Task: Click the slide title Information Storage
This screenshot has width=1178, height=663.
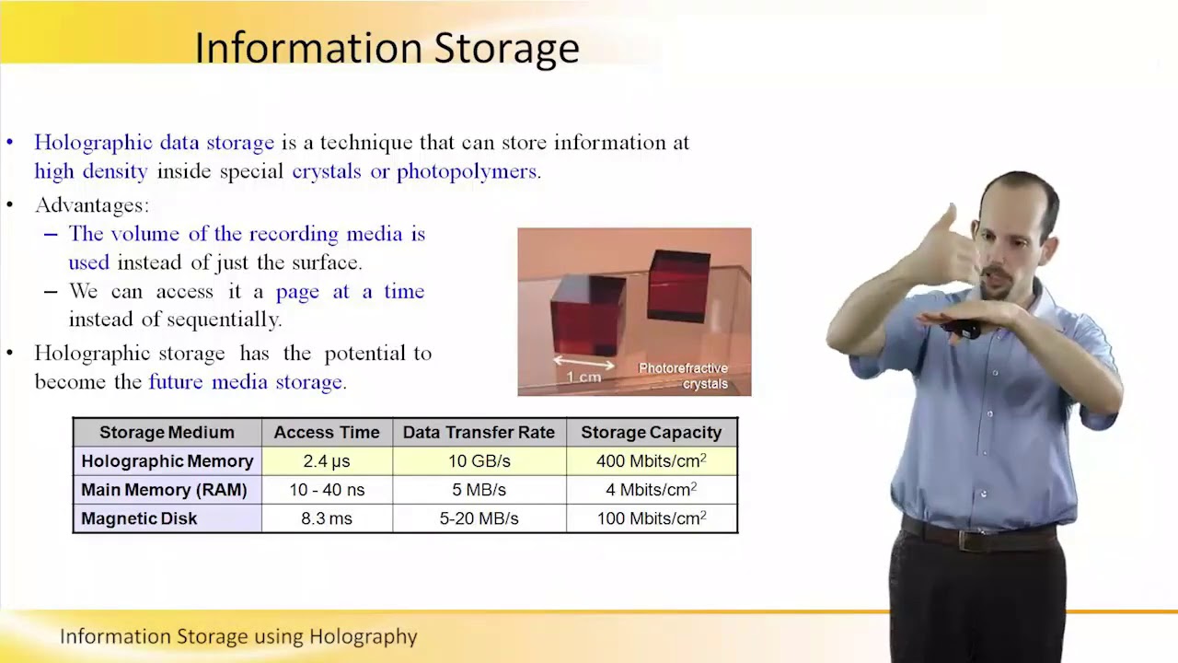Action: pyautogui.click(x=387, y=48)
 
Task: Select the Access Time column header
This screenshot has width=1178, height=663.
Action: pyautogui.click(x=327, y=432)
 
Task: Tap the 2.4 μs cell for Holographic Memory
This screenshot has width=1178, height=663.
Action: pyautogui.click(x=327, y=460)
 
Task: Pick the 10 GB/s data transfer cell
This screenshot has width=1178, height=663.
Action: pyautogui.click(x=479, y=460)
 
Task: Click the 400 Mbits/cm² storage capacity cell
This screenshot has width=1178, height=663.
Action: pyautogui.click(x=651, y=460)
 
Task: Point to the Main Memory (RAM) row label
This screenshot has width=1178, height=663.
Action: pyautogui.click(x=164, y=490)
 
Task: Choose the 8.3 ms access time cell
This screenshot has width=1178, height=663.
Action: pyautogui.click(x=327, y=518)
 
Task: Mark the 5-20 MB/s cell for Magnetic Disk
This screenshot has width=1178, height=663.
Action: pyautogui.click(x=479, y=518)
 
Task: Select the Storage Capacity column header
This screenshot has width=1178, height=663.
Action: pyautogui.click(x=651, y=432)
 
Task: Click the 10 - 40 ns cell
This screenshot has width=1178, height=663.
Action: pyautogui.click(x=327, y=490)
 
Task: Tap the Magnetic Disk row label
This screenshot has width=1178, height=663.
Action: pyautogui.click(x=139, y=518)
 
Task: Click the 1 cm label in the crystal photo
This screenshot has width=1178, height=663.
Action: pyautogui.click(x=583, y=377)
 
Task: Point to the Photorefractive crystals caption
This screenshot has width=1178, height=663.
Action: pyautogui.click(x=683, y=376)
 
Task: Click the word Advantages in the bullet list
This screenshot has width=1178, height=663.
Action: pyautogui.click(x=91, y=205)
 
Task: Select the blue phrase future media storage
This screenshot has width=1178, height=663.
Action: pyautogui.click(x=246, y=381)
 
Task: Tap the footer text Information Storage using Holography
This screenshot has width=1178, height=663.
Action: pyautogui.click(x=238, y=636)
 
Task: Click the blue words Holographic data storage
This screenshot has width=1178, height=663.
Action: pyautogui.click(x=154, y=143)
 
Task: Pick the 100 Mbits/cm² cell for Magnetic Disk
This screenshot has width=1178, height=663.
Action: pyautogui.click(x=651, y=518)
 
